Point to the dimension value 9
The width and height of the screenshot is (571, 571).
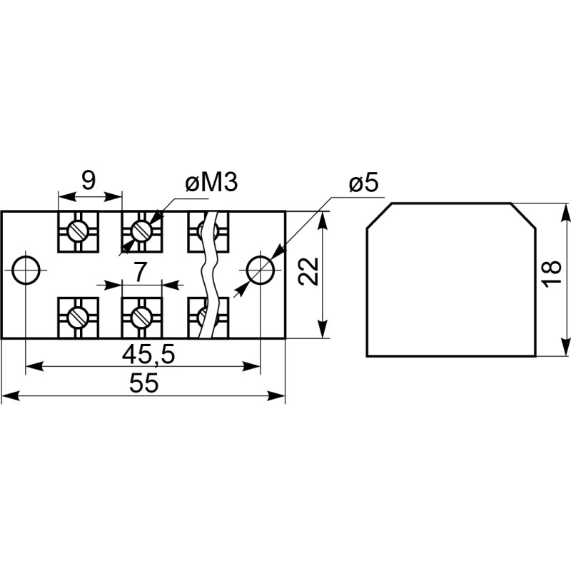[x=88, y=181]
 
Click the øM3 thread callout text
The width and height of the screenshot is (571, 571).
[x=211, y=183]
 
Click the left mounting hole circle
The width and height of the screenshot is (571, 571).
[x=26, y=270]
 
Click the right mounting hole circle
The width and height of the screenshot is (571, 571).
[x=260, y=270]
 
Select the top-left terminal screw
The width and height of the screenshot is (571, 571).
[x=78, y=231]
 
